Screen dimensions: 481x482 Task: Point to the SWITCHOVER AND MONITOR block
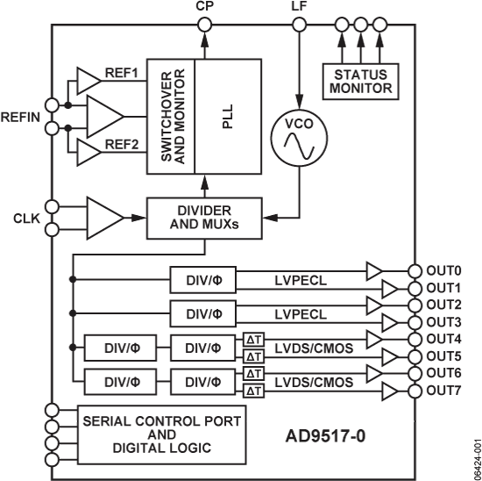click(174, 115)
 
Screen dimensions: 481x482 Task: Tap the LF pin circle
click(298, 25)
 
